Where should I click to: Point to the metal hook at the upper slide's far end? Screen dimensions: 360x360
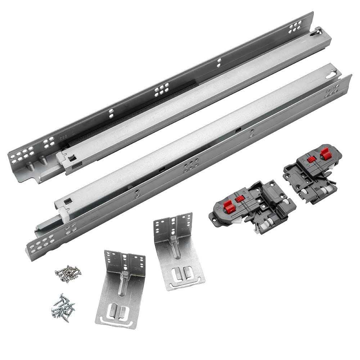tap(317, 32)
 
